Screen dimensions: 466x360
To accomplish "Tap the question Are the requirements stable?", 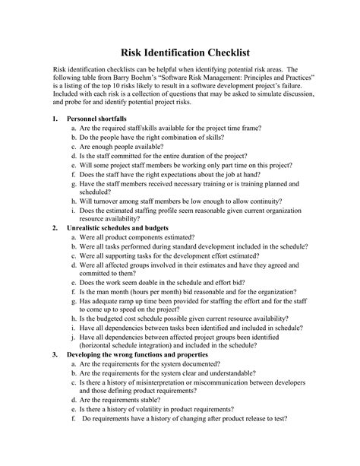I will click(129, 398).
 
